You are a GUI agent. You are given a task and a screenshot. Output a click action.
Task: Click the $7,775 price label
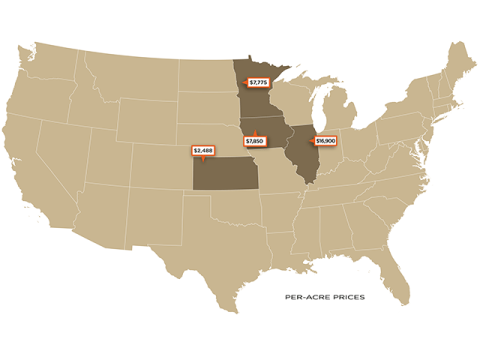258,81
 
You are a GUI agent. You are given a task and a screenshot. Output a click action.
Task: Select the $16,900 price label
326,140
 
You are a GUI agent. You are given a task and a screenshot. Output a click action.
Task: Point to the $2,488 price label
204,149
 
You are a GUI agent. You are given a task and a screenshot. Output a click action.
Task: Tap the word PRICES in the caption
347,297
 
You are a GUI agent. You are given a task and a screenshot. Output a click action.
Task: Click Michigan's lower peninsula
340,110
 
